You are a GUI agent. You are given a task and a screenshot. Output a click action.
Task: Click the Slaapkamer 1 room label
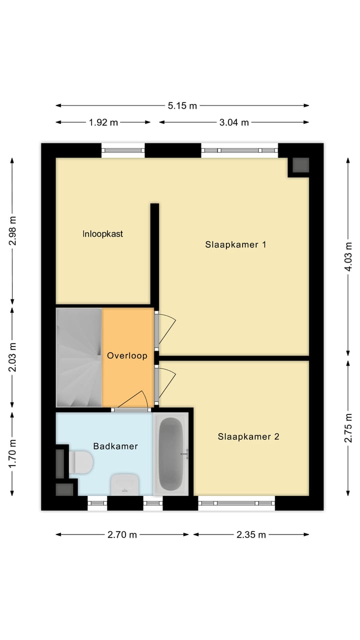pyautogui.click(x=235, y=244)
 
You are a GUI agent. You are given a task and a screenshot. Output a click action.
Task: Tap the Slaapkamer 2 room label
pyautogui.click(x=248, y=436)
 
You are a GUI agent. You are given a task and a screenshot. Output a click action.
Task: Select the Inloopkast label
pyautogui.click(x=103, y=233)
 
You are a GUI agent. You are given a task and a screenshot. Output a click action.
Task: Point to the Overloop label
pyautogui.click(x=127, y=355)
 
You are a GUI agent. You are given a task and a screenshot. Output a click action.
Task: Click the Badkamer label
pyautogui.click(x=115, y=446)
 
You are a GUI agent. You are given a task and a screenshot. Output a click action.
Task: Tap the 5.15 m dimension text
pyautogui.click(x=182, y=105)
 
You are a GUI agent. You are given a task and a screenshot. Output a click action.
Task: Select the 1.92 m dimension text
pyautogui.click(x=103, y=122)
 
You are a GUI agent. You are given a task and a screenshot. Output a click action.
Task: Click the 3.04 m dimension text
pyautogui.click(x=233, y=122)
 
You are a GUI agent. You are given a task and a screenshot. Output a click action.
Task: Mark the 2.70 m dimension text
pyautogui.click(x=122, y=534)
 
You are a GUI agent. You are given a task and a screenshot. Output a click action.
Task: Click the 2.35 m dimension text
pyautogui.click(x=252, y=534)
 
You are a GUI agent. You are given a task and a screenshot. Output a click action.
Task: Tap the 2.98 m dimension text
pyautogui.click(x=12, y=230)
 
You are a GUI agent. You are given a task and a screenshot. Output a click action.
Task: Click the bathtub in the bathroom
pyautogui.click(x=171, y=454)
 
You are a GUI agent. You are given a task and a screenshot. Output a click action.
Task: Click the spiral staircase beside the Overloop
pyautogui.click(x=79, y=357)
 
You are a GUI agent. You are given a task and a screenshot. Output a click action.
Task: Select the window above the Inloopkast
pyautogui.click(x=123, y=150)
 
